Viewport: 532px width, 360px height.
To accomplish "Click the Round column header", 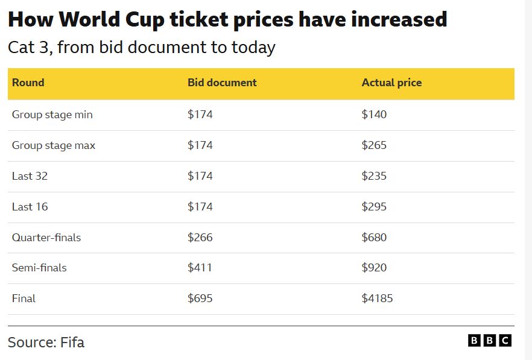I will coord(28,83).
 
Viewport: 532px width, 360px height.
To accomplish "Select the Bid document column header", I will coord(222,83).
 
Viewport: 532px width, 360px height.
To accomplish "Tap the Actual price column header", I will coord(391,83).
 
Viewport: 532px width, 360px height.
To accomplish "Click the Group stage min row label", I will coord(52,115).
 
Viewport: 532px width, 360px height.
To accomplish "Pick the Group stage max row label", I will coord(54,145).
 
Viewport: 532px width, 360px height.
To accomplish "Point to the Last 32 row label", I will coord(30,176).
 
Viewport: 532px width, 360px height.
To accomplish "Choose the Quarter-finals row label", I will coord(46,238).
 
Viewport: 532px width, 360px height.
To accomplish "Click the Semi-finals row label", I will coord(39,268).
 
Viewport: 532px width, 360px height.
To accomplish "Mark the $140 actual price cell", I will coord(374,115).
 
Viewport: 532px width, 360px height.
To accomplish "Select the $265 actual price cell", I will coord(374,145).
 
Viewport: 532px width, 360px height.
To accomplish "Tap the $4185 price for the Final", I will coord(377,298).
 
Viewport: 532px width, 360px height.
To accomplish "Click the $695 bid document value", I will coord(200,298).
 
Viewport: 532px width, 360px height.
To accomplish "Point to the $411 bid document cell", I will coord(200,268).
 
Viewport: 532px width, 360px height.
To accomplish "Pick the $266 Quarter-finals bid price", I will coord(200,238).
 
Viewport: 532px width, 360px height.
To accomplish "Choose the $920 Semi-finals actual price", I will coord(374,268).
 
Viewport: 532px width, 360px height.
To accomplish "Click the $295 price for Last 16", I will coord(374,207).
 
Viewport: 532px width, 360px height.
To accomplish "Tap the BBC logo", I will coord(490,341).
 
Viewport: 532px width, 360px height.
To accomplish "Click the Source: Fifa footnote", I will coord(46,343).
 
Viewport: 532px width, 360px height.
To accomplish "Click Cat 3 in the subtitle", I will coord(27,47).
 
